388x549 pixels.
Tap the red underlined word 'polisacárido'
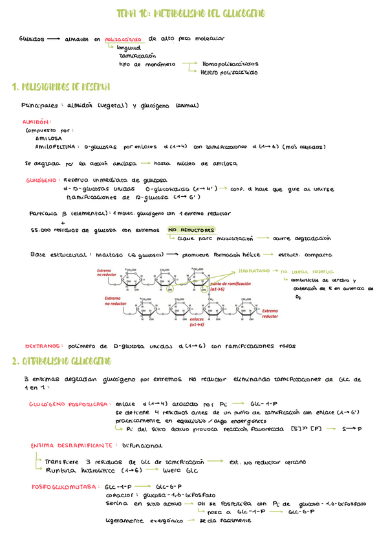coord(123,39)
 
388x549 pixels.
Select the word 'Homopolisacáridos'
coord(230,64)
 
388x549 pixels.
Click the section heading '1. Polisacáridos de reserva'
coord(61,87)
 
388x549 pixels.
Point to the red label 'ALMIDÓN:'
coord(37,121)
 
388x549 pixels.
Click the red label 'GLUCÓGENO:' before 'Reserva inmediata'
coord(43,180)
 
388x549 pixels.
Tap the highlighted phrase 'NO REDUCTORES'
coord(191,230)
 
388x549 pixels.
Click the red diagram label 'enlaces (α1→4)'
coord(197,322)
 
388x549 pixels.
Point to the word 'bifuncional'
coord(144,445)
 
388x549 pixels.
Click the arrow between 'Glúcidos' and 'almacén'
coord(53,39)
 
